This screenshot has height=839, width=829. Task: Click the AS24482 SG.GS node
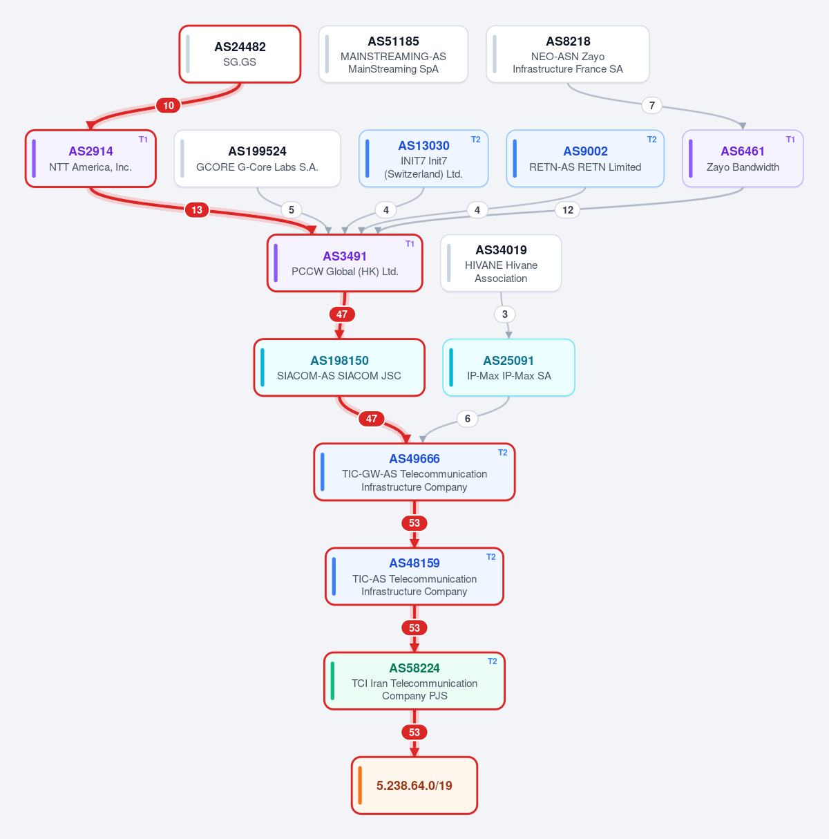click(240, 54)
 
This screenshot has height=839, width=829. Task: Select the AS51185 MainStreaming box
click(393, 54)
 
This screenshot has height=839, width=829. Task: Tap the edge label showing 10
click(169, 105)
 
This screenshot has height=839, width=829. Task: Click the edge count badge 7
click(651, 105)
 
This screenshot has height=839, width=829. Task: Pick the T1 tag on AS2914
click(143, 140)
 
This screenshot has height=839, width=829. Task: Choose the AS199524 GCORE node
click(257, 158)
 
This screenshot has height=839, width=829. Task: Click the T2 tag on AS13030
click(476, 140)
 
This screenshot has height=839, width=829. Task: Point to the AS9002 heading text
click(585, 151)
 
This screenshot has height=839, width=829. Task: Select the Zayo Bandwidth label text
click(743, 167)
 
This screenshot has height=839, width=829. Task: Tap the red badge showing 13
click(197, 210)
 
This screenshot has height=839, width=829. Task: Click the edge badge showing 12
click(567, 210)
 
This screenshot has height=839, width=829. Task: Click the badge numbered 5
click(292, 210)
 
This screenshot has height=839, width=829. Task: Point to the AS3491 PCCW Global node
click(345, 263)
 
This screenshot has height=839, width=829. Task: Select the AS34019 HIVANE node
click(501, 263)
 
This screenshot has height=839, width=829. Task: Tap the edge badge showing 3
click(504, 314)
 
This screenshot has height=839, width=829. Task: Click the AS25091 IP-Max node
click(508, 368)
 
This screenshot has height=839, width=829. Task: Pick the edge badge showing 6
click(467, 419)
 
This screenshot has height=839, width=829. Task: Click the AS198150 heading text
click(339, 361)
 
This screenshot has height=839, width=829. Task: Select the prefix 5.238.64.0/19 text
click(414, 786)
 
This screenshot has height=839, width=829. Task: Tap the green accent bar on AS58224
click(333, 681)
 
